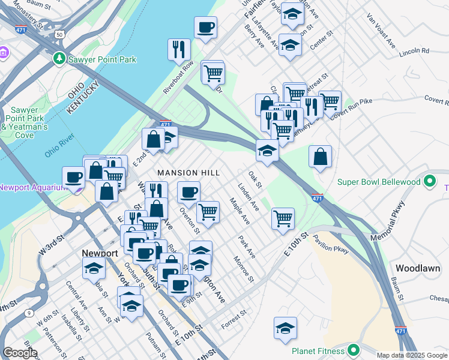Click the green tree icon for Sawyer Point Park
click(59, 59)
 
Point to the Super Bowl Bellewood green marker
click(429, 181)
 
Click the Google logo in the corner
click(20, 353)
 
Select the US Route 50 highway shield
click(59, 35)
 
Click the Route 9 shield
click(28, 313)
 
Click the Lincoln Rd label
click(417, 51)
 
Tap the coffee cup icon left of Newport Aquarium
click(73, 177)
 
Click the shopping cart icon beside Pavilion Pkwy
click(283, 218)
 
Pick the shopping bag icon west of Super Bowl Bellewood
click(321, 157)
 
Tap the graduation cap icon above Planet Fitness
click(285, 328)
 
